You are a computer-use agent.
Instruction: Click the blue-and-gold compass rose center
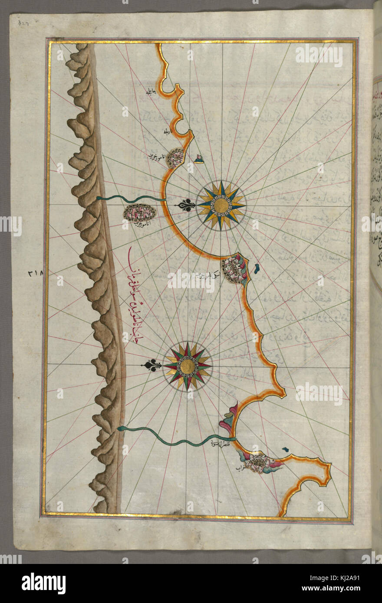click(x=221, y=205)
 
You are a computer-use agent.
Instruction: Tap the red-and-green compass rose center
click(x=188, y=366)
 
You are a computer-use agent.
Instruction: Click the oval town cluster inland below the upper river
click(x=139, y=212)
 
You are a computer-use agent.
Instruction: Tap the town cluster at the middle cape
click(x=234, y=270)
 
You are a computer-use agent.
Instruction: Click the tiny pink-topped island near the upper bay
click(x=199, y=159)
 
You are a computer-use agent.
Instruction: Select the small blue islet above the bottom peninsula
click(x=285, y=449)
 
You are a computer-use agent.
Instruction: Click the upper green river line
click(x=130, y=199)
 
